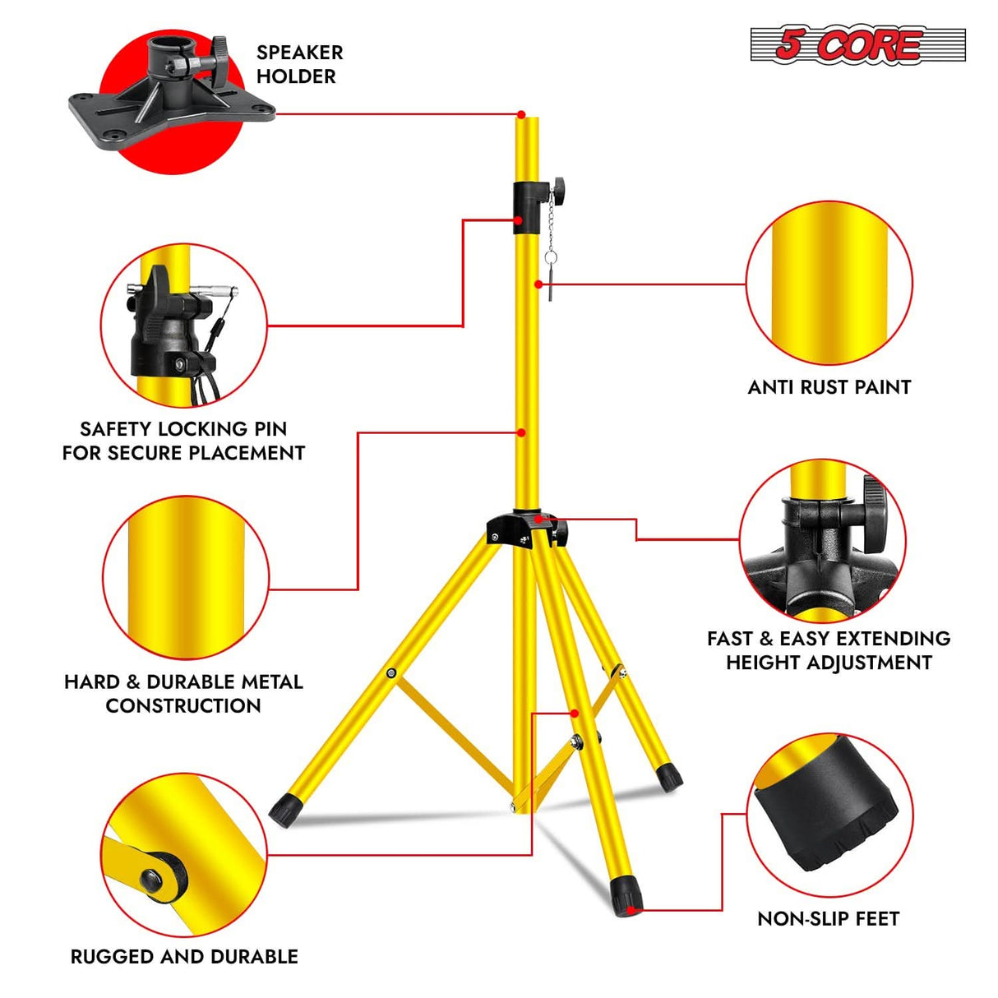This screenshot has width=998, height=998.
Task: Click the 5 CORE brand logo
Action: tap(857, 44)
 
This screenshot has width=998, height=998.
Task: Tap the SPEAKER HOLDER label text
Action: tap(298, 64)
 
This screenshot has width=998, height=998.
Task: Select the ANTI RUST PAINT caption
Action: tap(829, 387)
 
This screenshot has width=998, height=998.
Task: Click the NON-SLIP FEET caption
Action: tap(828, 918)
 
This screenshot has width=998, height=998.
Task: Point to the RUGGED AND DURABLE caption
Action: tap(184, 956)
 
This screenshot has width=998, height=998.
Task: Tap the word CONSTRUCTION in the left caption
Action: tap(183, 705)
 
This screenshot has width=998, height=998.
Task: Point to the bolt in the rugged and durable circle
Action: tap(152, 880)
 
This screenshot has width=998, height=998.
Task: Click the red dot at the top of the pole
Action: tap(521, 114)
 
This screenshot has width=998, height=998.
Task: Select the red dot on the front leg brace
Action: tap(574, 713)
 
